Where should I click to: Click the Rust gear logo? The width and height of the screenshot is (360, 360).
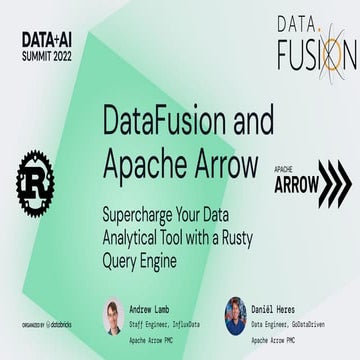click(x=36, y=182)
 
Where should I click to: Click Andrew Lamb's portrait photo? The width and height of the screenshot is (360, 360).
click(x=111, y=318)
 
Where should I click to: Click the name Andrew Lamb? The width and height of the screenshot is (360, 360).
click(x=152, y=305)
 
